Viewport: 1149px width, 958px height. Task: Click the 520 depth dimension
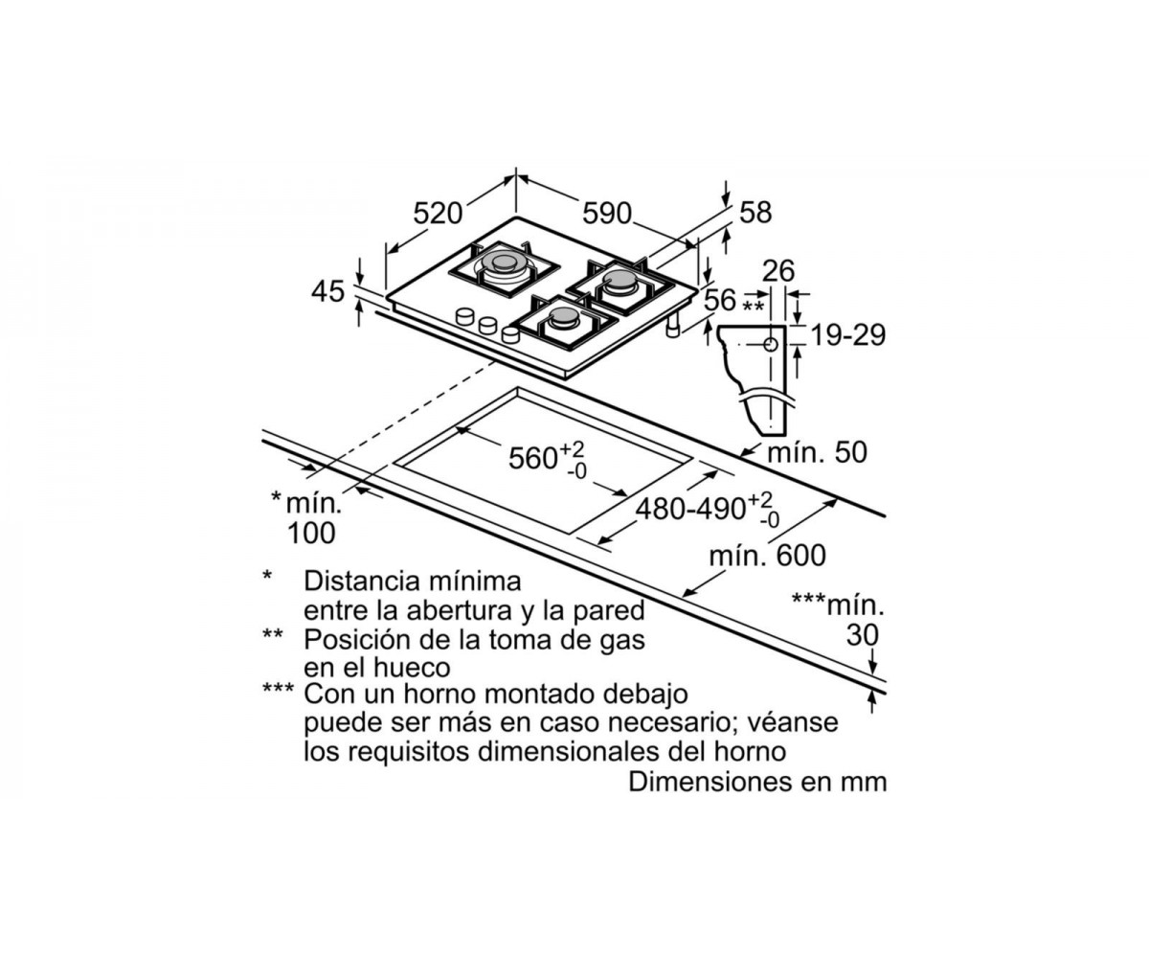(438, 214)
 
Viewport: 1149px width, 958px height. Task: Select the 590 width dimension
(607, 214)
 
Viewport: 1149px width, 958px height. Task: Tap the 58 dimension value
(755, 213)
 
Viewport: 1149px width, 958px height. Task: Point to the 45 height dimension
(328, 291)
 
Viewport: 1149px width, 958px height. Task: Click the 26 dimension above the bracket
(779, 271)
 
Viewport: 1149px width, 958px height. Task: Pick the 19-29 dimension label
(848, 335)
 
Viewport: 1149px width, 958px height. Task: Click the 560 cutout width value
(532, 458)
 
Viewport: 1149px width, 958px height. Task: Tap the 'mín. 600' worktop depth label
(768, 556)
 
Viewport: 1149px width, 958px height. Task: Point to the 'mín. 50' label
(817, 452)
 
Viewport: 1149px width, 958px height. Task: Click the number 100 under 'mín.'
(311, 533)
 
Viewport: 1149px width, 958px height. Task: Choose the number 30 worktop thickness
(863, 635)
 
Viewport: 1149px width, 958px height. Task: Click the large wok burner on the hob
(504, 266)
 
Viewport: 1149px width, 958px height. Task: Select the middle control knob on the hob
(488, 326)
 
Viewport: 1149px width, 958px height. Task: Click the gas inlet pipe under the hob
(673, 326)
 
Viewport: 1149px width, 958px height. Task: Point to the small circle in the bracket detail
(771, 345)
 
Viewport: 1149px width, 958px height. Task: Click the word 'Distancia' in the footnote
(362, 582)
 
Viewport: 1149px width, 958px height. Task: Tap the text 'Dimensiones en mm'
(757, 783)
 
